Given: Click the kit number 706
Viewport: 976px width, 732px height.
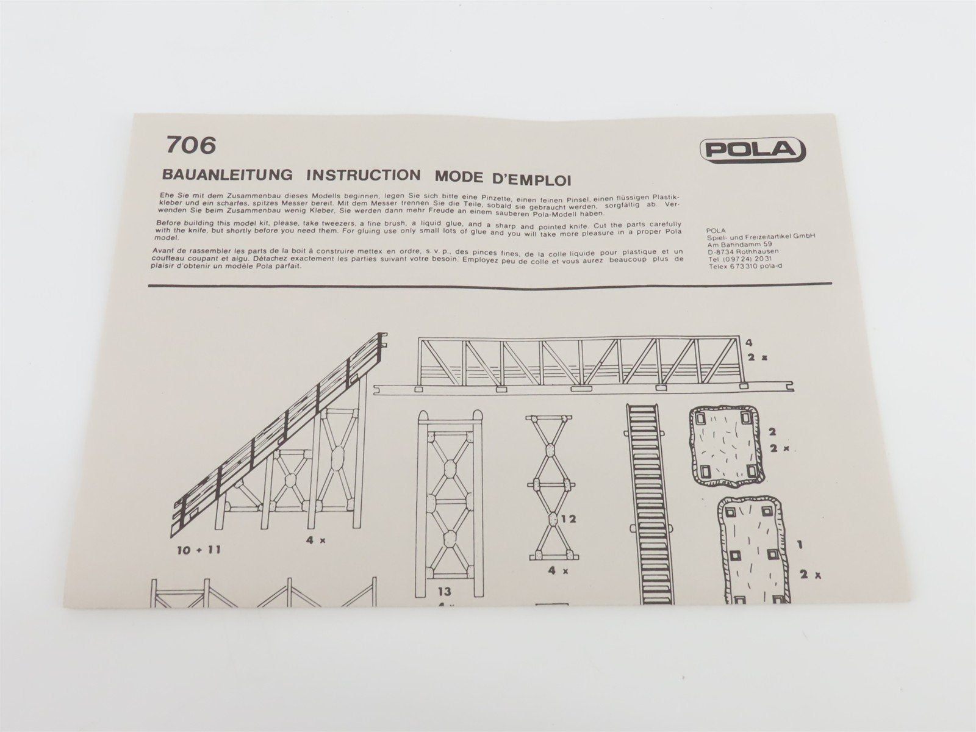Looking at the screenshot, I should (190, 145).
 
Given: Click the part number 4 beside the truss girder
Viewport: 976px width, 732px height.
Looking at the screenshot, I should (741, 342).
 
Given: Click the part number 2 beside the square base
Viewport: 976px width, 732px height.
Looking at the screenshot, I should (772, 432).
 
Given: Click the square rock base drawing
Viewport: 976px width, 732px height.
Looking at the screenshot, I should (725, 445).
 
